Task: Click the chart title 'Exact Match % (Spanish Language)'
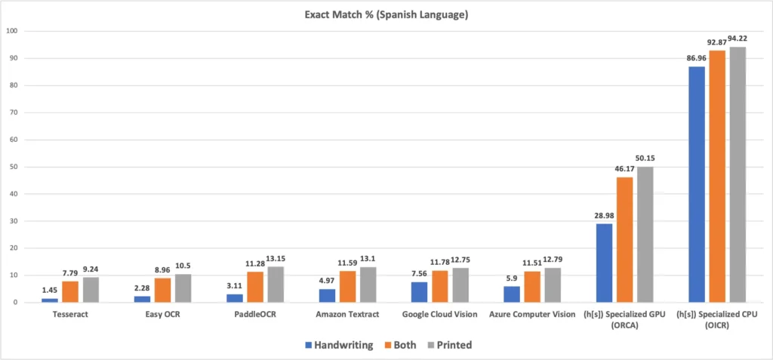coord(386,15)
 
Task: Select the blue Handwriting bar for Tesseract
coord(50,300)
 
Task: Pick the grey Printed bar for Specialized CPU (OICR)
coord(736,174)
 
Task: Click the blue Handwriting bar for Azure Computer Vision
coord(511,294)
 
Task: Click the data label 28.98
coord(605,216)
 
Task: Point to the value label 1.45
coord(50,291)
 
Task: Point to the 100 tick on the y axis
coord(12,32)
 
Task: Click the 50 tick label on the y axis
coord(14,167)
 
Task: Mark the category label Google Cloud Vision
coord(442,314)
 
